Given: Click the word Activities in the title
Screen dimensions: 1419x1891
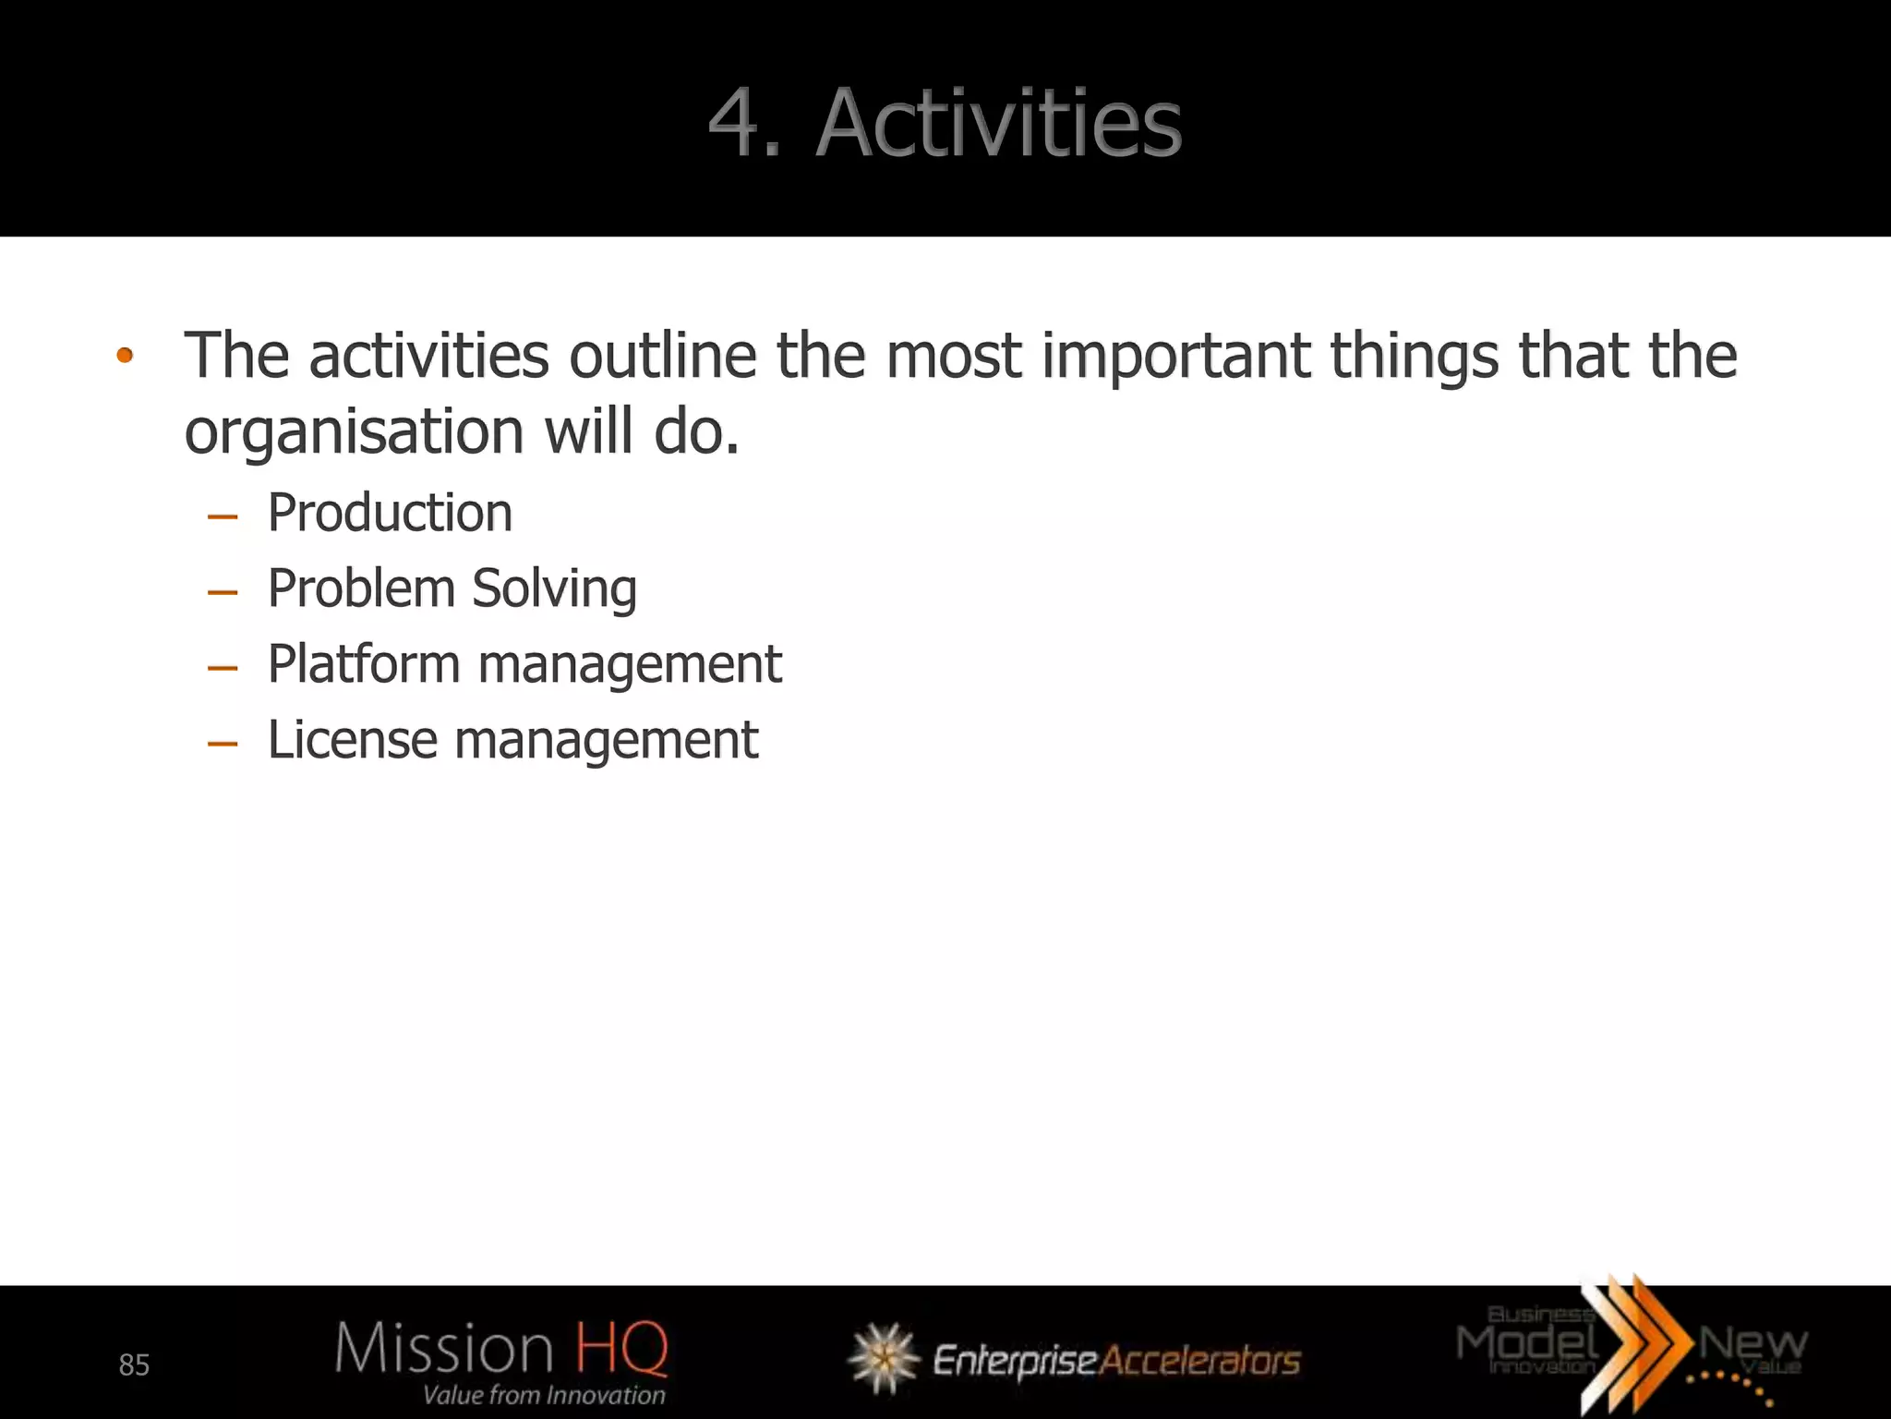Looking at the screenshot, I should pyautogui.click(x=999, y=123).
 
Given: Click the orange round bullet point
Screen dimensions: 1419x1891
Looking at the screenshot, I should pyautogui.click(x=125, y=356).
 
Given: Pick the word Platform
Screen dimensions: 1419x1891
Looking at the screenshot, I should pyautogui.click(x=364, y=664).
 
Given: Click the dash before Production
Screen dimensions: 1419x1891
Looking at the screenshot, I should pyautogui.click(x=223, y=516).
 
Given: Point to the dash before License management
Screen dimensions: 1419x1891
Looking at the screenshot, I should pyautogui.click(x=223, y=744).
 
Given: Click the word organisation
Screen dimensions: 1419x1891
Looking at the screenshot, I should pyautogui.click(x=354, y=432).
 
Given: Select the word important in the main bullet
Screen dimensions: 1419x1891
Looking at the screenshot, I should pyautogui.click(x=1175, y=356).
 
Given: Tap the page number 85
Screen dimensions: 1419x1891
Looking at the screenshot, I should pyautogui.click(x=134, y=1364).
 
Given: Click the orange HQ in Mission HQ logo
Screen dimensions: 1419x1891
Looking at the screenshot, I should pyautogui.click(x=620, y=1348).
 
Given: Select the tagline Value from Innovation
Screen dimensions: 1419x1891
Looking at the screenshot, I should pyautogui.click(x=544, y=1395).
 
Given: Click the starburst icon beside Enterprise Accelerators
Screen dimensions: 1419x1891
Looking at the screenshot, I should pyautogui.click(x=884, y=1357).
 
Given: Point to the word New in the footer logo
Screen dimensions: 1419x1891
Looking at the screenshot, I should pyautogui.click(x=1752, y=1342).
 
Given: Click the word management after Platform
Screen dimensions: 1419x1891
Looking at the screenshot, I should pyautogui.click(x=630, y=664).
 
